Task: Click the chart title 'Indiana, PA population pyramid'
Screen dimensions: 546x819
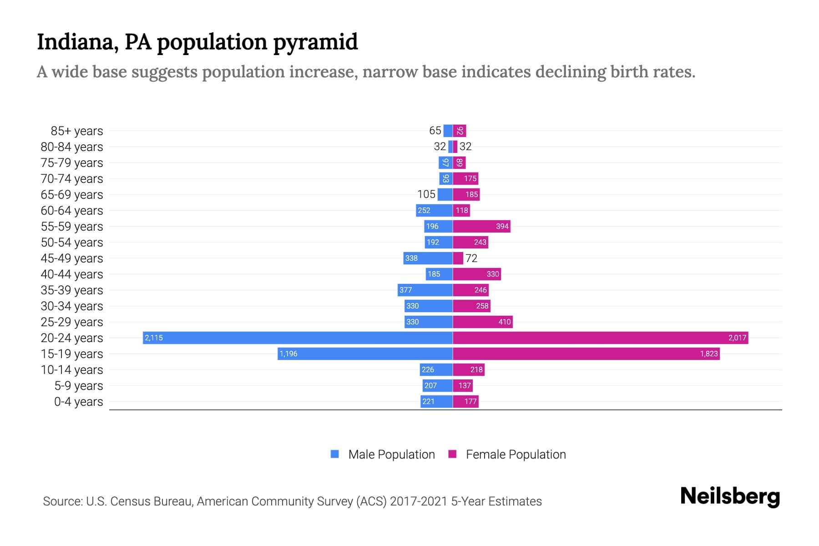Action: point(197,42)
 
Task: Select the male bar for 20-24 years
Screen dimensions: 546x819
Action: point(298,338)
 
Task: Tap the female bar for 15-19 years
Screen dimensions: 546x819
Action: point(586,354)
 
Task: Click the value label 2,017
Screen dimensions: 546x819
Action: point(737,338)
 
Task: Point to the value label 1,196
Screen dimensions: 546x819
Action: point(288,354)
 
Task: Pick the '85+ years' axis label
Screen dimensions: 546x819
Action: point(77,131)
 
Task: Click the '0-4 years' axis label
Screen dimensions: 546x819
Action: point(78,402)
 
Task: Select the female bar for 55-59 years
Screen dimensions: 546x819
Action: point(481,226)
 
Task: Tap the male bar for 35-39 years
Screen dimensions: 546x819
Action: point(425,290)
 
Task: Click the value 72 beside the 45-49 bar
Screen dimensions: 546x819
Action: point(471,258)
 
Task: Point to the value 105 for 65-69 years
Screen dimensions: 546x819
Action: point(426,194)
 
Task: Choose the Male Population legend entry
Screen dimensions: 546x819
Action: point(391,455)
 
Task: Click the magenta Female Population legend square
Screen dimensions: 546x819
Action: point(452,454)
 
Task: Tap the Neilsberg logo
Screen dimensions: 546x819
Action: point(730,496)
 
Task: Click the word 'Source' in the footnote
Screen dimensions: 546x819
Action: point(62,501)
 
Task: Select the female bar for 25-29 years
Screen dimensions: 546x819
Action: point(482,322)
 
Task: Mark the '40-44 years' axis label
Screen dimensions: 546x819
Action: point(72,274)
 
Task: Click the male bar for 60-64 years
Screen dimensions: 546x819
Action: point(434,210)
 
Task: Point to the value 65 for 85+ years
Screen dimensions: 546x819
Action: point(435,131)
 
